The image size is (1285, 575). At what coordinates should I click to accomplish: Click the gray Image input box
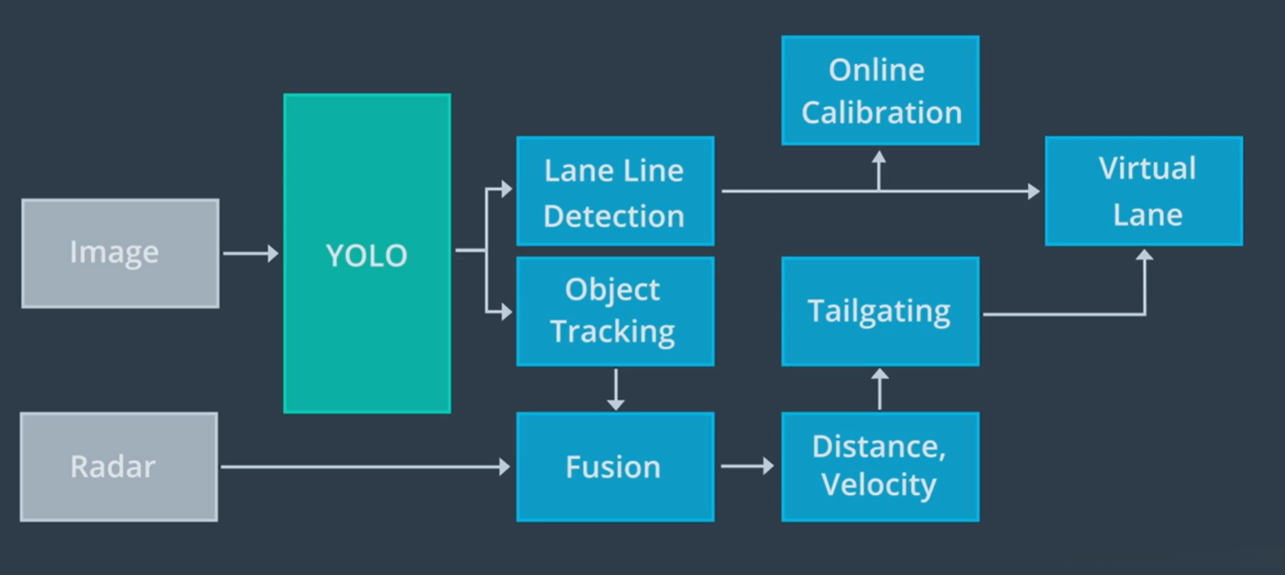[120, 254]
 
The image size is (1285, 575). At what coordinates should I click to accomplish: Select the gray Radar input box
[119, 467]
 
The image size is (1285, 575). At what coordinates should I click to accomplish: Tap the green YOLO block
[367, 254]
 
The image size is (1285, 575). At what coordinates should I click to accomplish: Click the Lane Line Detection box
[615, 191]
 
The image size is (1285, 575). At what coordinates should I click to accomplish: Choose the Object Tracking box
[615, 311]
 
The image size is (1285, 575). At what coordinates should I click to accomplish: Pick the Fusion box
[615, 467]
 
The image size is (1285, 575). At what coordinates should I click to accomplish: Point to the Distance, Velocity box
[880, 467]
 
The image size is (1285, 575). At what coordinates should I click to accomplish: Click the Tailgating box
[880, 311]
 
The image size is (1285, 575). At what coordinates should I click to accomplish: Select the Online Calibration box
[880, 90]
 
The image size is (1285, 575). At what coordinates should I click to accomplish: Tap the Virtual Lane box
[1143, 191]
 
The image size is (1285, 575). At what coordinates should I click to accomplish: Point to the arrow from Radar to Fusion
[365, 467]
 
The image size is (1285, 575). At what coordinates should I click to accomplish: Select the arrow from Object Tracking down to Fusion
[616, 389]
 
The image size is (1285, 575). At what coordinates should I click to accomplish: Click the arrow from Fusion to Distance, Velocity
[748, 465]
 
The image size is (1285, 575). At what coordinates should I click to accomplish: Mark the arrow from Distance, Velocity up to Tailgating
[880, 388]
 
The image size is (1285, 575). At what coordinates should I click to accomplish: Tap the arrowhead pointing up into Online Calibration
[879, 158]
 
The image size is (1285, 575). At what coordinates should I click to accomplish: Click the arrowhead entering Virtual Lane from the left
[1034, 191]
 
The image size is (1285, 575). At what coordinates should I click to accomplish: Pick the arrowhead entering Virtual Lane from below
[1144, 255]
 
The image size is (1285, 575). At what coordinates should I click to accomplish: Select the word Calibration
[882, 113]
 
